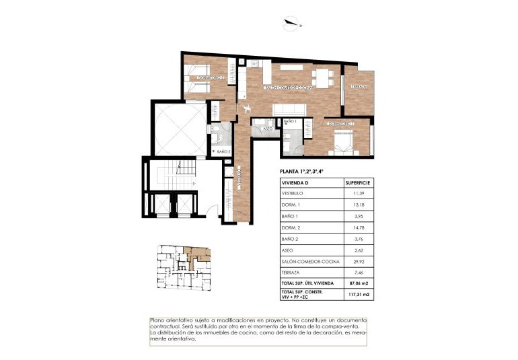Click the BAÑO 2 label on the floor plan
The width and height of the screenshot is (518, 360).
point(224,151)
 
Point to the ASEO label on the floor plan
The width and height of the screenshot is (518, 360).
point(267,128)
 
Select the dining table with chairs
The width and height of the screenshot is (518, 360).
point(326,75)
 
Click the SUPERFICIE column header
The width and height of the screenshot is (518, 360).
point(358,182)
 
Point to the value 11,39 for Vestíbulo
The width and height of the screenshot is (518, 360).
point(358,193)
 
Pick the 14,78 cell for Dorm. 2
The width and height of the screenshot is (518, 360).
point(358,229)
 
